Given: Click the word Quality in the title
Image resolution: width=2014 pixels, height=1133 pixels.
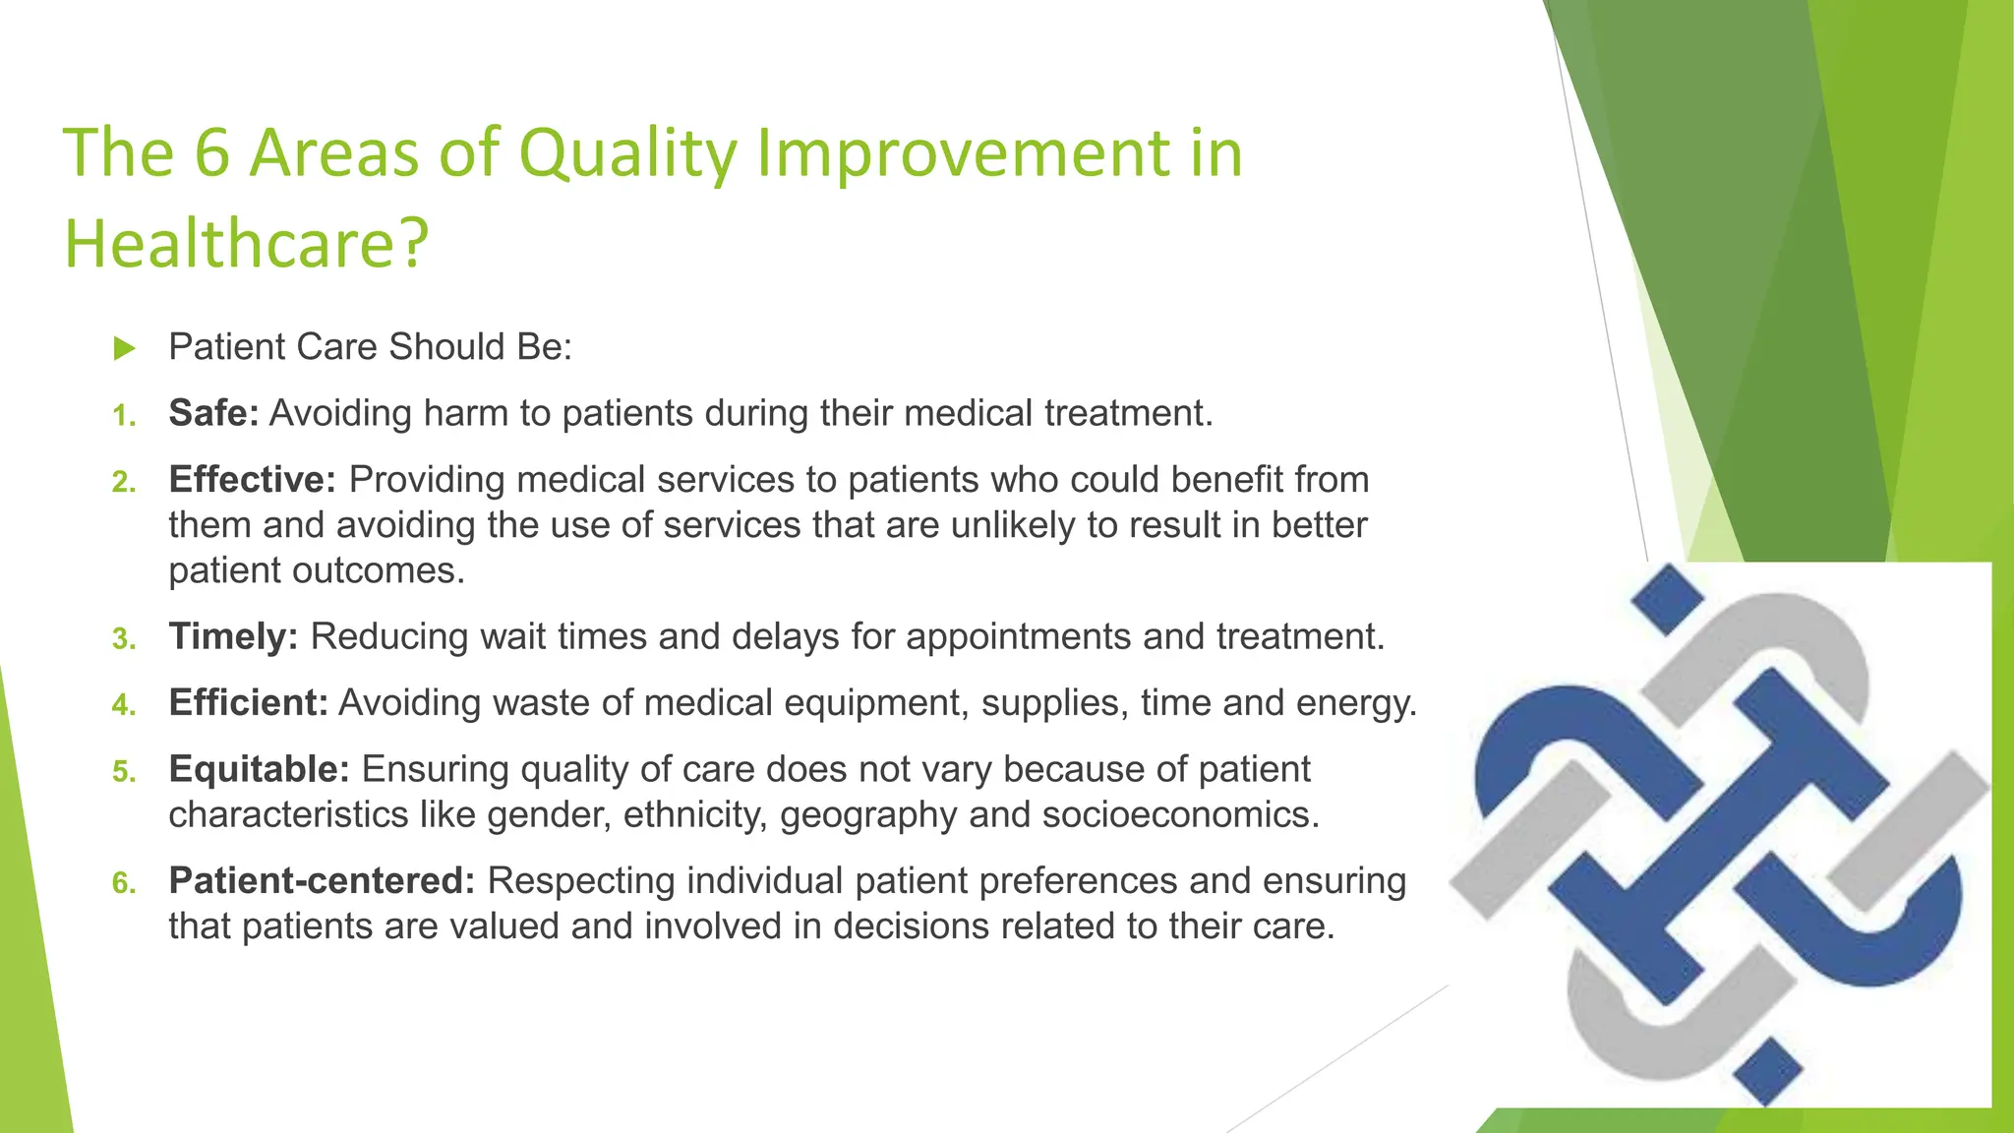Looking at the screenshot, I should [626, 153].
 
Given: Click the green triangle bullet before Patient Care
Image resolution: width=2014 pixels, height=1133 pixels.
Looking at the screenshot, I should [124, 348].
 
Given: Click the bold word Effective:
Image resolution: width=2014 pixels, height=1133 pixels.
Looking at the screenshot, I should [253, 480].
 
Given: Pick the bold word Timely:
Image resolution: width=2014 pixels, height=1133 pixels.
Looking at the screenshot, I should [233, 637].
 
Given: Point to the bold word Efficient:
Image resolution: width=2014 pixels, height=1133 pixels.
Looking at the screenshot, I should [248, 703].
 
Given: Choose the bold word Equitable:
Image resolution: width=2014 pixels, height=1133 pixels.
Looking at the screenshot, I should [259, 769].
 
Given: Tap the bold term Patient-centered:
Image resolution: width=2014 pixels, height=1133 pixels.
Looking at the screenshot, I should [322, 881].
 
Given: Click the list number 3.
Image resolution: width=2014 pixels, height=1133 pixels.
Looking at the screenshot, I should [123, 640].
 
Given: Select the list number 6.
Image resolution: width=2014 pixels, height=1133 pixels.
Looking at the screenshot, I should [123, 884].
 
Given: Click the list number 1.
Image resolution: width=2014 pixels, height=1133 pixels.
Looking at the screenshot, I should [123, 417].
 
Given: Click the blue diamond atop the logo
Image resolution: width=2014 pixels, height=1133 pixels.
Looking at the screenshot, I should [1668, 598].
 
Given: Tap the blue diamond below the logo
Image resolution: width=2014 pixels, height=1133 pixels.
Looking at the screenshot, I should [1766, 1070].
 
